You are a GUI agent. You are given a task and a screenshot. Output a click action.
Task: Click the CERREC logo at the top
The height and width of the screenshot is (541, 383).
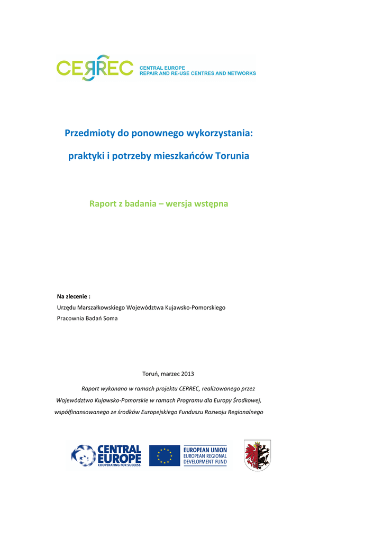(95, 68)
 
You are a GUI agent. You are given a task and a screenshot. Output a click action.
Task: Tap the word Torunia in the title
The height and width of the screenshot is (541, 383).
(232, 156)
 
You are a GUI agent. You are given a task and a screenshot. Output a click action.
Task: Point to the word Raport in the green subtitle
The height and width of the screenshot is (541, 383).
(103, 203)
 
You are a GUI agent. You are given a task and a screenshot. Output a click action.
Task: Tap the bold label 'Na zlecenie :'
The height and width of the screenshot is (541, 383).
(74, 296)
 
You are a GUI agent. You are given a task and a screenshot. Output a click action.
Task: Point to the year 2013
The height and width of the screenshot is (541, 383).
(187, 374)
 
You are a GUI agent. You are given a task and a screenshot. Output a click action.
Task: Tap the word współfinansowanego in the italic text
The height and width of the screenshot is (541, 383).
(81, 412)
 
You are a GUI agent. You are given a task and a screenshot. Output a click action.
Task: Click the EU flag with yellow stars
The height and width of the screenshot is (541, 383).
(164, 455)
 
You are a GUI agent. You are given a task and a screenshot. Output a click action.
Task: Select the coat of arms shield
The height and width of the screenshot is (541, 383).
(257, 455)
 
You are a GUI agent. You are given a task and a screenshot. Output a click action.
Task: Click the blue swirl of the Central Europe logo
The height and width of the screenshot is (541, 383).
(83, 455)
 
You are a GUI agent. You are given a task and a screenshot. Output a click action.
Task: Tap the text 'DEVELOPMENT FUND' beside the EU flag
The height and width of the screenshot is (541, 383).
(205, 462)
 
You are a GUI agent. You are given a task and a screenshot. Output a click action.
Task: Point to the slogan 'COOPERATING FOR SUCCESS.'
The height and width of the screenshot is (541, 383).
(120, 465)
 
